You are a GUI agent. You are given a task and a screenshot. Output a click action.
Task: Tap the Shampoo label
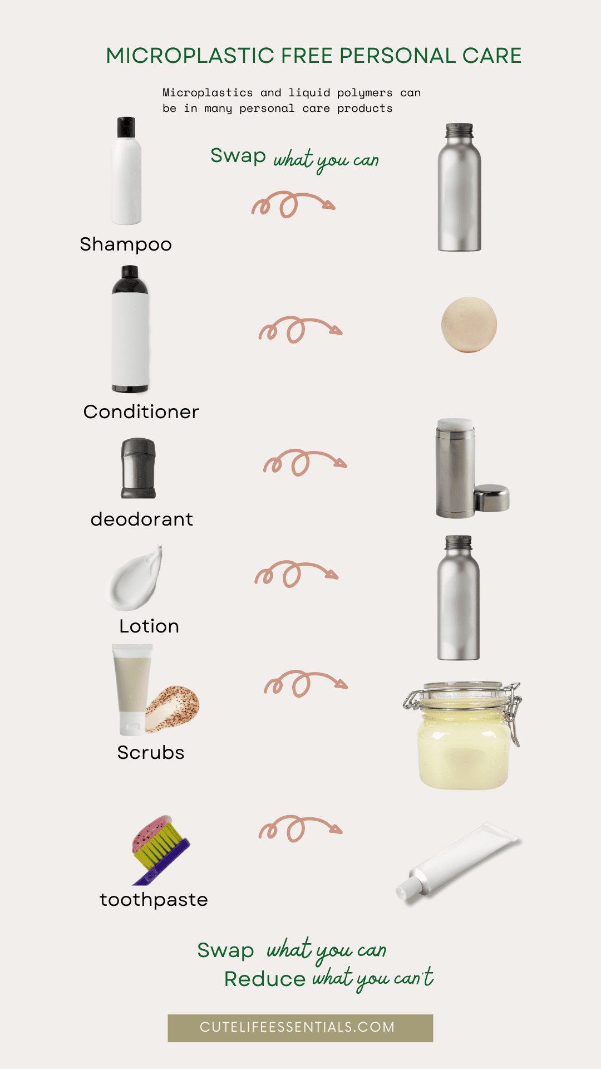point(126,244)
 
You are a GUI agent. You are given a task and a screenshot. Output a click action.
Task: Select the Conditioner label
point(141,412)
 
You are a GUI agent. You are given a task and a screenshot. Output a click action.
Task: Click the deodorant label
point(142,519)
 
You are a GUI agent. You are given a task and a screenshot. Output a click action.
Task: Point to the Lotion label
point(149,626)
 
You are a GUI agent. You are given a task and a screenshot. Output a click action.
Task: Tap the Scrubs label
point(151,753)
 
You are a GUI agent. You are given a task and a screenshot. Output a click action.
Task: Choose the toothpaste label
point(154,900)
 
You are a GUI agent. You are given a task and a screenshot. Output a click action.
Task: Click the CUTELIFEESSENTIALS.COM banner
point(300,1028)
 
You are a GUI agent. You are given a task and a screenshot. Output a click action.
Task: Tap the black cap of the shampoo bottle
point(127,128)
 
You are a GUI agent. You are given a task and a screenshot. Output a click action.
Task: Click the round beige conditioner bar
point(469,325)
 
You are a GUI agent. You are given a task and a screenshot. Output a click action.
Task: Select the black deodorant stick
point(139,468)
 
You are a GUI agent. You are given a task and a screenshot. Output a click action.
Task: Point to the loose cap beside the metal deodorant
point(491,498)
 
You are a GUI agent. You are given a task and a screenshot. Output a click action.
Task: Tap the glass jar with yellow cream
point(463,735)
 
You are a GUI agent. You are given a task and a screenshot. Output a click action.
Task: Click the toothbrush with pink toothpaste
point(159,849)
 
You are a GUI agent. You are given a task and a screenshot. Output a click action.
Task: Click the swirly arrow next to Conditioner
point(300,330)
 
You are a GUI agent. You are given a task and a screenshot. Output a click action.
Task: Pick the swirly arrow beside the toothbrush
point(300,828)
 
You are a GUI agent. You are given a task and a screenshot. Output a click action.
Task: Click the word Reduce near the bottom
point(265,979)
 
